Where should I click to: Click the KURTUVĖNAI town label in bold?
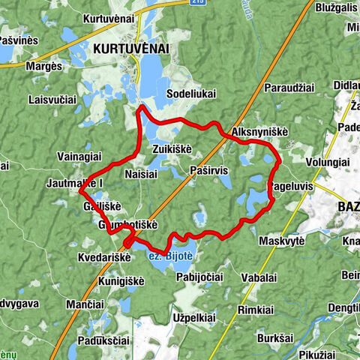point(131,48)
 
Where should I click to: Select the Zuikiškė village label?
point(172,148)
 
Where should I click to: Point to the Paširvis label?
point(208,171)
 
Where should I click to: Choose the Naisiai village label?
point(140,172)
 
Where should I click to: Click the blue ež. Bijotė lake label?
point(169,257)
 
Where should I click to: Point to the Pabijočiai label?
point(199,277)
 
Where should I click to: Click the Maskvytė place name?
point(281,241)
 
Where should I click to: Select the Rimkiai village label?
point(255,310)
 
